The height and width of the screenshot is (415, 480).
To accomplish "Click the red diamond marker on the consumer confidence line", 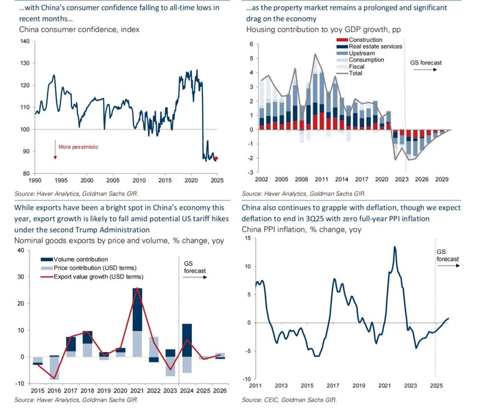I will click(217, 159).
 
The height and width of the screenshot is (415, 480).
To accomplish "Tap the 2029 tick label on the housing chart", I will click(442, 179).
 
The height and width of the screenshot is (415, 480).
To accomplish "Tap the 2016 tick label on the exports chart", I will click(53, 390).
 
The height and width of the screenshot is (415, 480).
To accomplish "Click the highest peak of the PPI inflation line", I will click(395, 247).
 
